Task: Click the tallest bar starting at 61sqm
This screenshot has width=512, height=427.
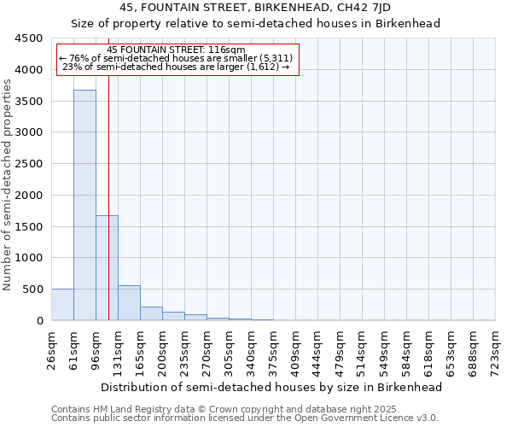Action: pyautogui.click(x=84, y=205)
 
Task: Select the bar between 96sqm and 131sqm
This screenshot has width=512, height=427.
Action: pyautogui.click(x=107, y=267)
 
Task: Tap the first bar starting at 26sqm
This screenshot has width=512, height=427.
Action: pyautogui.click(x=62, y=305)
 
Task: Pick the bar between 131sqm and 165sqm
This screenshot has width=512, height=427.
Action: pyautogui.click(x=129, y=303)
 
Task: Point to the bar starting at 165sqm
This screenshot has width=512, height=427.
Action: pyautogui.click(x=151, y=313)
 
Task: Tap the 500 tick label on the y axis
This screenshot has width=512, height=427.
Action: pyautogui.click(x=32, y=290)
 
